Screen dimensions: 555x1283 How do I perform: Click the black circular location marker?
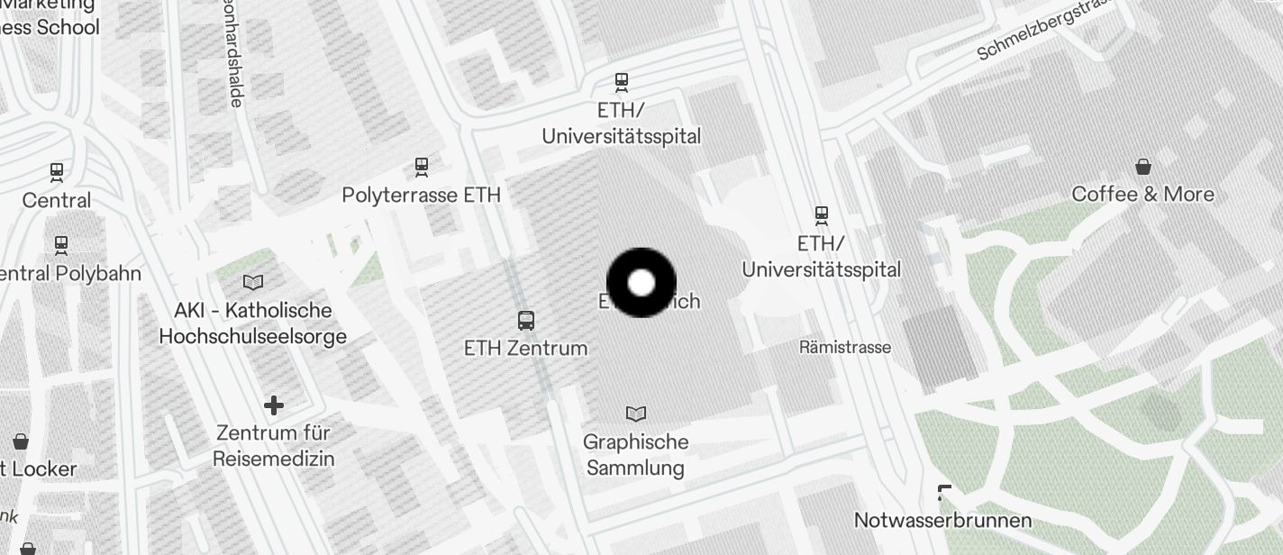[x=641, y=283]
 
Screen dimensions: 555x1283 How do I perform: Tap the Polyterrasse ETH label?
[x=421, y=195]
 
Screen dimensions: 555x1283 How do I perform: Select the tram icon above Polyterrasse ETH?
[x=421, y=167]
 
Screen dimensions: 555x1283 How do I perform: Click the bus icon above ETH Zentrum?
[x=526, y=320]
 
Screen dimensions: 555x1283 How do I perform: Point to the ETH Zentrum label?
[x=525, y=348]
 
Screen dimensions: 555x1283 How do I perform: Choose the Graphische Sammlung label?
[x=635, y=455]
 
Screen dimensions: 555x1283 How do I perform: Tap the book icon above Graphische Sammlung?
[x=636, y=414]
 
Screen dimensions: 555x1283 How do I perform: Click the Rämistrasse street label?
[x=845, y=347]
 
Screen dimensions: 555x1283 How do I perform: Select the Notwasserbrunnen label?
[x=942, y=521]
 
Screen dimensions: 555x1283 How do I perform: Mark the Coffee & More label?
[x=1142, y=194]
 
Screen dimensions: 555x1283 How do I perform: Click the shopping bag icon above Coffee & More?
[x=1143, y=167]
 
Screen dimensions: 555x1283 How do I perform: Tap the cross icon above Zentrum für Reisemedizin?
[x=274, y=405]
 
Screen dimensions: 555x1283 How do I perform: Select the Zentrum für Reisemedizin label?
[x=274, y=446]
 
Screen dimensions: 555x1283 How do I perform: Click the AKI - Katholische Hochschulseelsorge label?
[x=253, y=323]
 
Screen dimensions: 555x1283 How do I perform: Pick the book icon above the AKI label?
[x=254, y=282]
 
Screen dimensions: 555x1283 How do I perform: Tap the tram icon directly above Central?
[x=57, y=171]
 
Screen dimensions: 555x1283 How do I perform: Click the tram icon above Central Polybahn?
[x=61, y=244]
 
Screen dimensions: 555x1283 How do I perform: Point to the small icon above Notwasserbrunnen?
[x=944, y=493]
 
